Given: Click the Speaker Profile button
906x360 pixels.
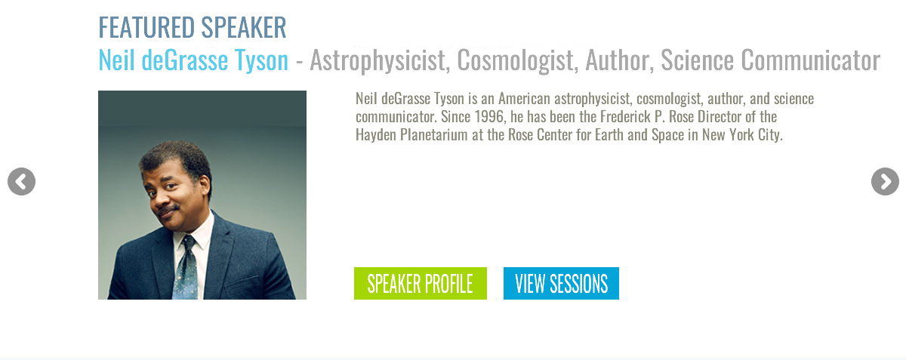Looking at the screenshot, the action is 421,283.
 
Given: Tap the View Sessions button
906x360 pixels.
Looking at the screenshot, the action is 561,283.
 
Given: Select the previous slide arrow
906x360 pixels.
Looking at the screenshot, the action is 21,182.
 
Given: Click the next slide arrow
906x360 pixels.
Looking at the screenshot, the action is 885,182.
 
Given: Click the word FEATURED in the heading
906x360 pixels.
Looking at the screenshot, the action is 146,27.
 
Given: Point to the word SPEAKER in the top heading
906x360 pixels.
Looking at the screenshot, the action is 244,27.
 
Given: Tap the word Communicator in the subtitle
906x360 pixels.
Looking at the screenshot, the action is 811,60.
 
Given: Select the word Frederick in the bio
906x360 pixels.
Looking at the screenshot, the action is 625,116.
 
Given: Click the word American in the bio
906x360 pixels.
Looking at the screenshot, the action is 524,98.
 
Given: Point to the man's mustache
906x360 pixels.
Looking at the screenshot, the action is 168,210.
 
